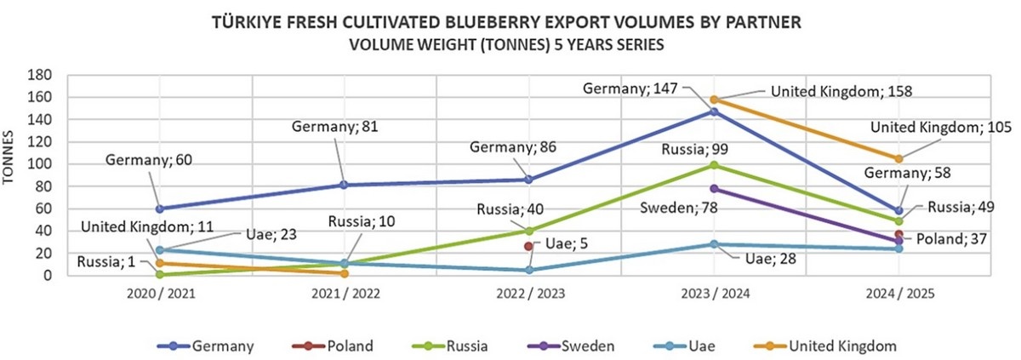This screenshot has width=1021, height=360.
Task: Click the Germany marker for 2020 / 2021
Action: [159, 209]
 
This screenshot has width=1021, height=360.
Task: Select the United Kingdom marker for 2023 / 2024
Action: [714, 100]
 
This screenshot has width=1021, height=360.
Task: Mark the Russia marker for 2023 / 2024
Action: [714, 165]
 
